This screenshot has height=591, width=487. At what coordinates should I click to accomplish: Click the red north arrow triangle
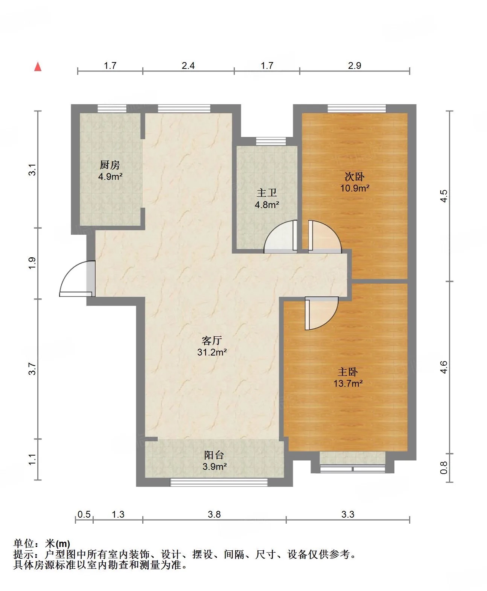click(38, 67)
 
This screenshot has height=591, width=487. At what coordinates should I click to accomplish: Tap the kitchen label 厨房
click(110, 165)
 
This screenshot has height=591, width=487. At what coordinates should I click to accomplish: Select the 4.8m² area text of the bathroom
click(267, 205)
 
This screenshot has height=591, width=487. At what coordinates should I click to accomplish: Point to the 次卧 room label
click(355, 176)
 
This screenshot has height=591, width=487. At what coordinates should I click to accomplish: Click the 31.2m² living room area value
click(212, 352)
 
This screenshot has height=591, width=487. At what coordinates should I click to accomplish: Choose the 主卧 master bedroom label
click(348, 372)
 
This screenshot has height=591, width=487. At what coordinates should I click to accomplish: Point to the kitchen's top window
click(112, 109)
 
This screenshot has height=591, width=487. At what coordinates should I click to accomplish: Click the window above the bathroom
click(271, 141)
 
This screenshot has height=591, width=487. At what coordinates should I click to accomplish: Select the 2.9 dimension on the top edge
click(355, 66)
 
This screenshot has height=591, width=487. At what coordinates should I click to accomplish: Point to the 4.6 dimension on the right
click(444, 367)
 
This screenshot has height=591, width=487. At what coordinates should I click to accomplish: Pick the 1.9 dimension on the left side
click(32, 263)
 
